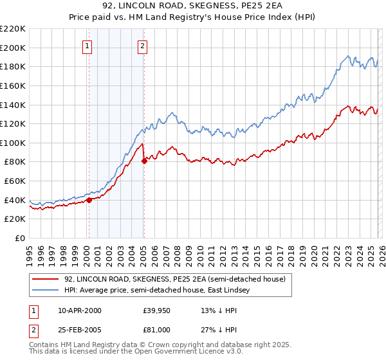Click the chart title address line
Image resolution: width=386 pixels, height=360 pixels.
[x=192, y=6]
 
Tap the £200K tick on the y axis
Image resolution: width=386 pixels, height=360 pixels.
[x=13, y=48]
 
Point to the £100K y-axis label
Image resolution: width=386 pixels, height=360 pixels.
[x=13, y=143]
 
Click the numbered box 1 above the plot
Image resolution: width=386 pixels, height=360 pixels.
[x=87, y=46]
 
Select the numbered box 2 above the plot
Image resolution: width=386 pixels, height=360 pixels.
[x=142, y=46]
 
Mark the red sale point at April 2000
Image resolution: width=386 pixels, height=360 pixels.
[x=89, y=200]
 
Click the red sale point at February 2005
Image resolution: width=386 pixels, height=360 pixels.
[x=144, y=161]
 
